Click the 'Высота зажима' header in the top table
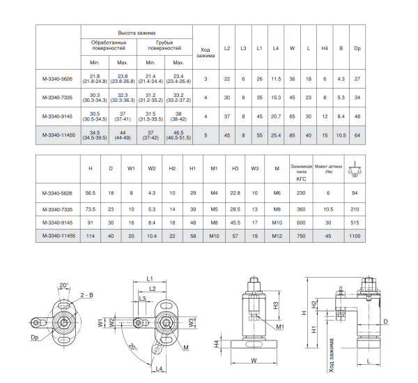137,33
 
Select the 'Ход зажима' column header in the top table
206,52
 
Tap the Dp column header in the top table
357,48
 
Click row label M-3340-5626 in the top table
57,79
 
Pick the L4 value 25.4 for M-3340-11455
276,135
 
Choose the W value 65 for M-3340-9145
292,117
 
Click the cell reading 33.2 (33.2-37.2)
178,98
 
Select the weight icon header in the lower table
355,169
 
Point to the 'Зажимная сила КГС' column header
301,172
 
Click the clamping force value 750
301,236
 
